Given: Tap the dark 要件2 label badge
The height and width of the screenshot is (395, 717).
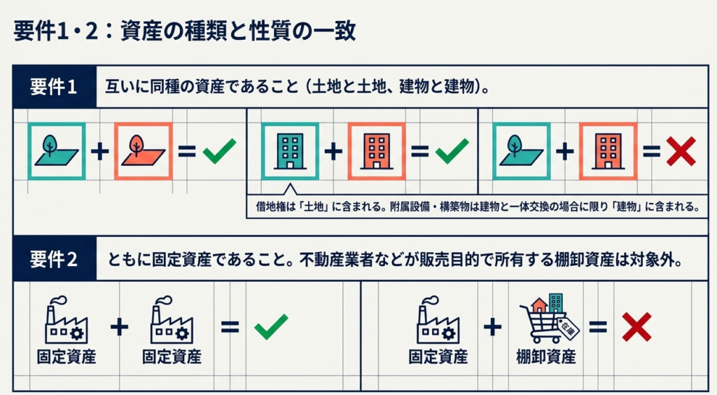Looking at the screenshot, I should pos(53,259).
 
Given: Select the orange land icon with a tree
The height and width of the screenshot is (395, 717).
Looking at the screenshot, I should pos(143,151).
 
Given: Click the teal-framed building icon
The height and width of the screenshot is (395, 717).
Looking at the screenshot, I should pos(290,151).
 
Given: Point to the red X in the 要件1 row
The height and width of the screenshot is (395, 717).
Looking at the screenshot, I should pos(679,151).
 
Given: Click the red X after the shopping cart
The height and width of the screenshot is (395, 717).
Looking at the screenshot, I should pos(636,326).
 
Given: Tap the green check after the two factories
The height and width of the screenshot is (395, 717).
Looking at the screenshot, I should pos(271,327).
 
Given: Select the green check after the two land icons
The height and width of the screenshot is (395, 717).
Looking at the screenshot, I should pos(219,151).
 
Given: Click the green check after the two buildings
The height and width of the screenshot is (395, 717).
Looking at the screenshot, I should pos(451,151).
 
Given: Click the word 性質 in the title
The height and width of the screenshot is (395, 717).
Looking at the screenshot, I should pos(258,32).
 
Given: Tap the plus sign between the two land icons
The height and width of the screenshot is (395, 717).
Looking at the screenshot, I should pos(100,151).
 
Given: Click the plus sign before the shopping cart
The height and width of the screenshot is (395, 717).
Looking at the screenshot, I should pos(493,326).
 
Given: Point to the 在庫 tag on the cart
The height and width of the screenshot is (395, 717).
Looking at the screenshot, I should pos(568,327).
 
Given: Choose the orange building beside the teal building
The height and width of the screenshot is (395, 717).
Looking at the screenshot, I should pos(376,151).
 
